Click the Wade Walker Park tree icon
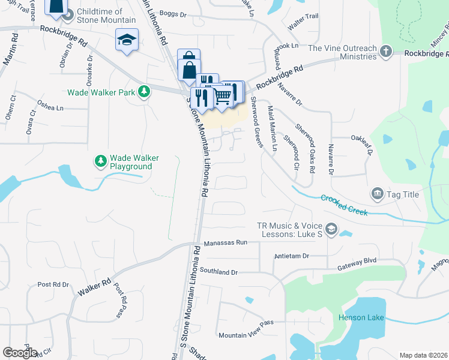(144, 92)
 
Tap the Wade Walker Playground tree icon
(100, 161)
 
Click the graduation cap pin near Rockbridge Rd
(127, 40)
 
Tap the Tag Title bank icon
(377, 193)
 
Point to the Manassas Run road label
(225, 243)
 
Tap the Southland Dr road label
(219, 272)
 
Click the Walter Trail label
(303, 23)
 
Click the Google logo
(20, 353)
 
